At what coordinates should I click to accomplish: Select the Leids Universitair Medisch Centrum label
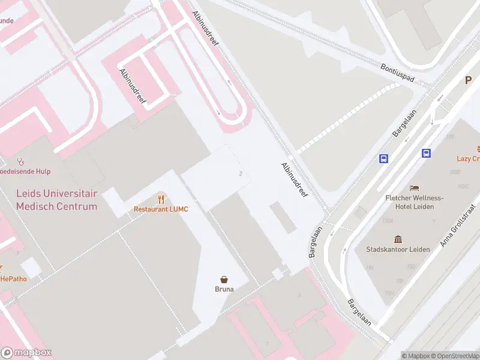56,200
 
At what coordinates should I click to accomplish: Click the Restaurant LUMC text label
161,209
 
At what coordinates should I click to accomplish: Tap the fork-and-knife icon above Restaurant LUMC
161,199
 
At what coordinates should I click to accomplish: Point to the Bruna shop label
224,289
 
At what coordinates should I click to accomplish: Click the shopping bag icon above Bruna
224,279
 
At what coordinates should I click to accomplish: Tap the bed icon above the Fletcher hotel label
414,188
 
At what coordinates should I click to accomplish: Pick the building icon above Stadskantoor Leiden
397,239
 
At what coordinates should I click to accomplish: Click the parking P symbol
468,80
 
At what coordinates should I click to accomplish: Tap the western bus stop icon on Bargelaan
384,159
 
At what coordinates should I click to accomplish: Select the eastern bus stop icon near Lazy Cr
427,153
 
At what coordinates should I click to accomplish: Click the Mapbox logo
26,352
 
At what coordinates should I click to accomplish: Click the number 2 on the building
241,174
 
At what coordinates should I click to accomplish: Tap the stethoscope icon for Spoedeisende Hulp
20,161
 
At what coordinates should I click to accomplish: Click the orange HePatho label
13,278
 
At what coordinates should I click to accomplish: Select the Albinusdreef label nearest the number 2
294,181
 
